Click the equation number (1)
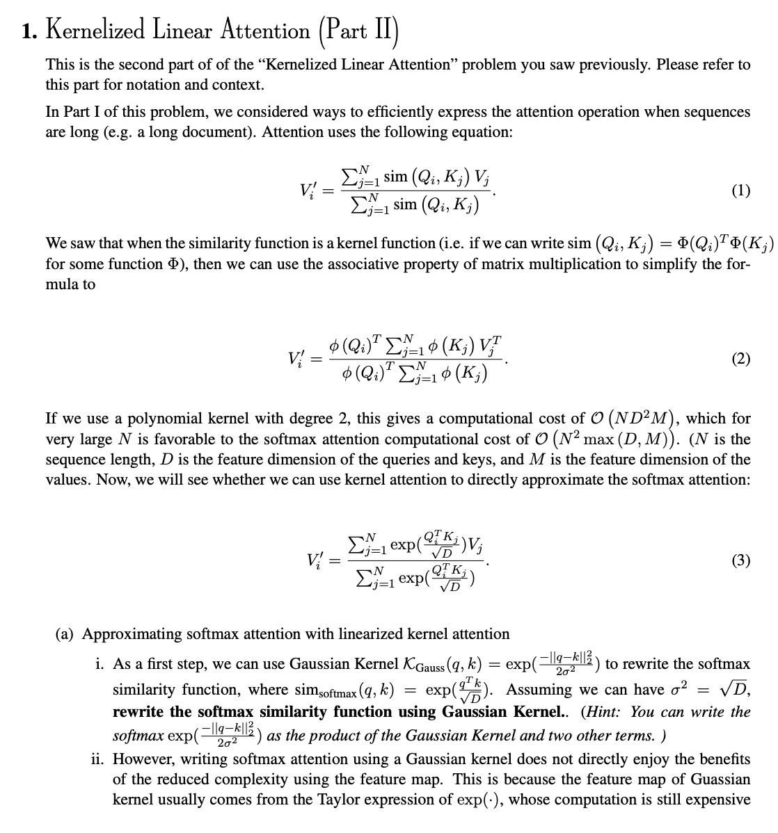(740, 191)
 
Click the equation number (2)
(740, 359)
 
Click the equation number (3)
(740, 560)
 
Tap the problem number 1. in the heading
(29, 31)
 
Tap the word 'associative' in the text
(325, 264)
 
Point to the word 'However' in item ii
(141, 759)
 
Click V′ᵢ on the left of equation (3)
(315, 560)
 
